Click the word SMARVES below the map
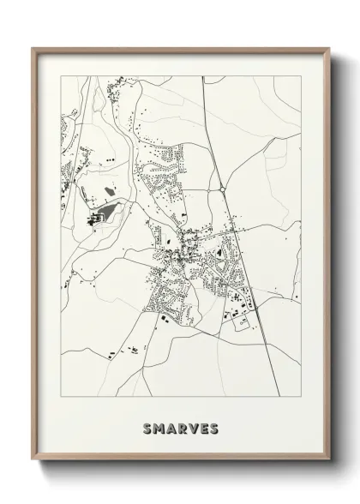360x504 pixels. point(181,428)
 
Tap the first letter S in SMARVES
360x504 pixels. point(148,428)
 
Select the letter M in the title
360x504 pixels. point(159,428)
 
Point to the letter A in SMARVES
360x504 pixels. point(171,428)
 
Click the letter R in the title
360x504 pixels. point(182,428)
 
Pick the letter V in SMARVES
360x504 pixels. point(193,428)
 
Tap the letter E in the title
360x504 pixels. point(203,428)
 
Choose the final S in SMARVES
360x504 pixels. point(213,428)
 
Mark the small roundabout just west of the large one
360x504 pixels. point(207,189)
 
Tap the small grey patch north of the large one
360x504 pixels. point(109,190)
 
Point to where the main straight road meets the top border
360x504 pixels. point(202,76)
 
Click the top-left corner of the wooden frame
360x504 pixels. point(33,48)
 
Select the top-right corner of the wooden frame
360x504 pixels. point(330,48)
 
